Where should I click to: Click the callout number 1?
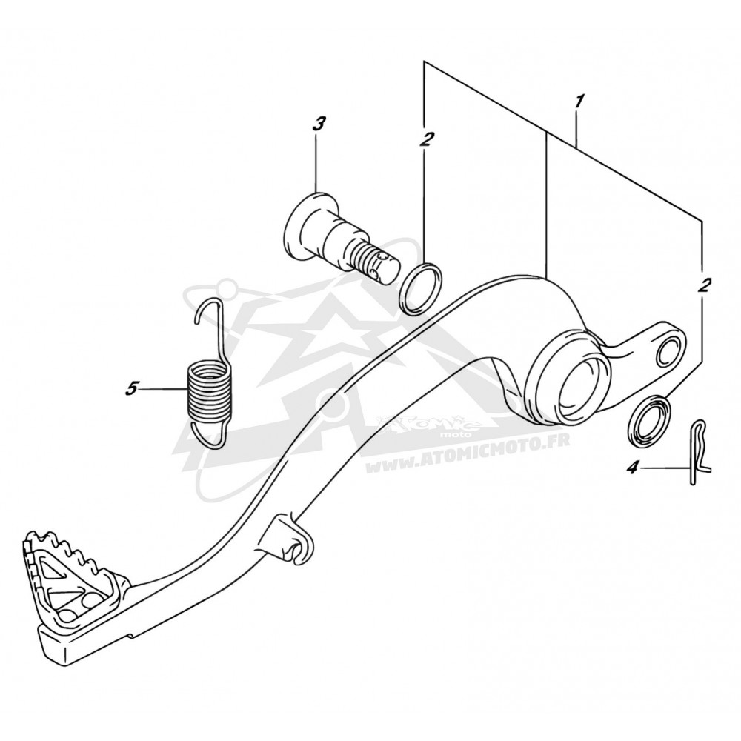click(x=579, y=102)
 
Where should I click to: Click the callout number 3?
click(x=319, y=124)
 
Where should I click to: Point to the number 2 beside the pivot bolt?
click(x=426, y=139)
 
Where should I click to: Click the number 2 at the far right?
click(x=703, y=285)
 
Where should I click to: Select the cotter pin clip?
click(x=697, y=452)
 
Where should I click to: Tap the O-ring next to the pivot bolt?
click(x=421, y=289)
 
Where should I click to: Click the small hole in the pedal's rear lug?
click(x=667, y=349)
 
